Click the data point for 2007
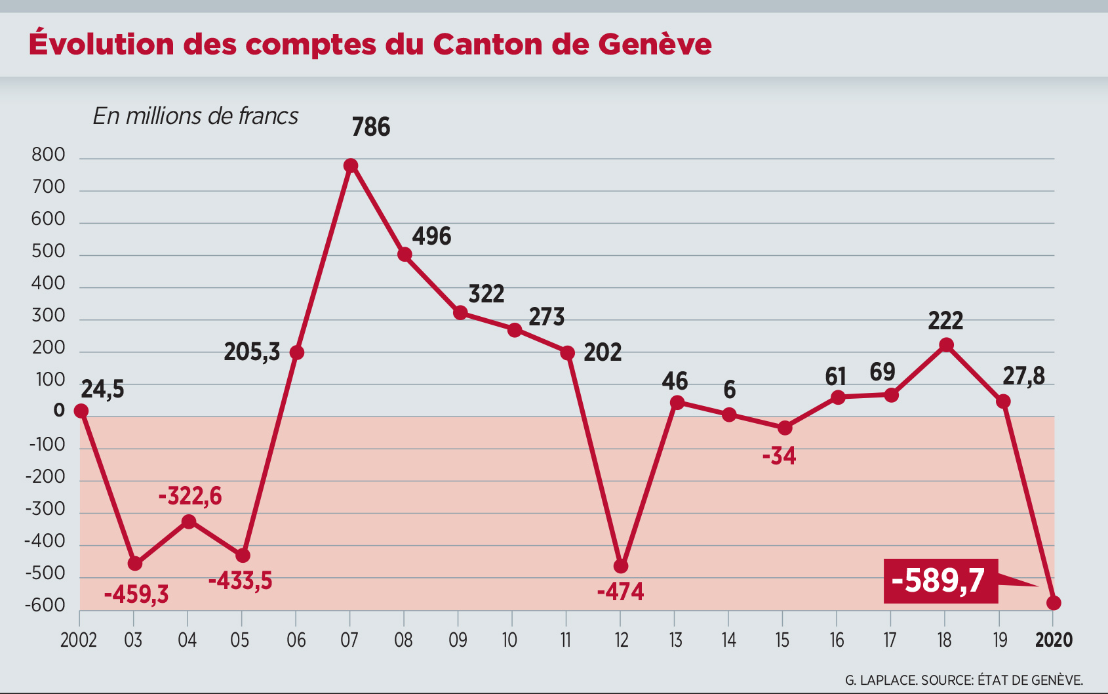[x=351, y=165]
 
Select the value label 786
[x=370, y=127]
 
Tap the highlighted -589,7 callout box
[x=940, y=581]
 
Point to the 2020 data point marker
[x=1054, y=603]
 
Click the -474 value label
[x=620, y=592]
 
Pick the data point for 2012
[x=621, y=566]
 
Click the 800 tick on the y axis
[x=49, y=155]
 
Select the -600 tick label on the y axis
[x=45, y=605]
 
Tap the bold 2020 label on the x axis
[x=1054, y=640]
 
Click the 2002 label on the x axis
[x=79, y=640]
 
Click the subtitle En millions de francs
[x=195, y=116]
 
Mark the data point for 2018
[x=946, y=345]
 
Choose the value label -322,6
[x=190, y=497]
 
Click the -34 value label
[x=779, y=456]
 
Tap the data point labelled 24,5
[x=81, y=411]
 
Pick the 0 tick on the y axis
[x=59, y=411]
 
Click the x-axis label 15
[x=782, y=640]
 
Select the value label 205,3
[x=252, y=353]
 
